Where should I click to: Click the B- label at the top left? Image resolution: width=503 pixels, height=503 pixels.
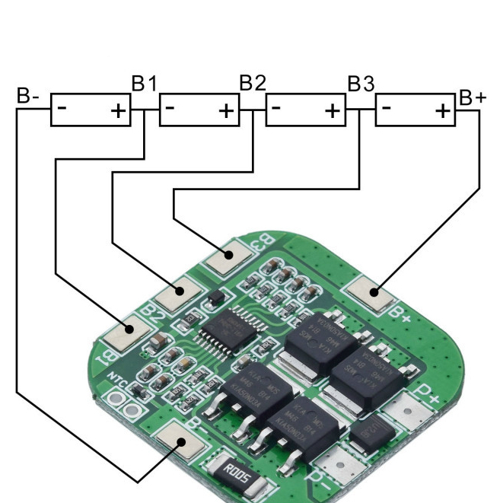[x=28, y=97]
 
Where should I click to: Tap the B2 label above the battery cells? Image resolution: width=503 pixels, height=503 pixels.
[x=252, y=83]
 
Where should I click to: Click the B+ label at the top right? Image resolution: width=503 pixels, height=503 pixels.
[x=473, y=97]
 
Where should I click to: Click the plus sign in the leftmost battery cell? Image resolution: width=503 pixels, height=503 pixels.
[x=119, y=111]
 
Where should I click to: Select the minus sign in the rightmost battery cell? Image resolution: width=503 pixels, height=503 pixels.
[x=387, y=108]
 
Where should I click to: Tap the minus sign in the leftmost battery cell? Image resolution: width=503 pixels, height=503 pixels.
[x=62, y=108]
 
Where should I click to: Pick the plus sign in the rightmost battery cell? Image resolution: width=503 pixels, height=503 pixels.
[x=443, y=111]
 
